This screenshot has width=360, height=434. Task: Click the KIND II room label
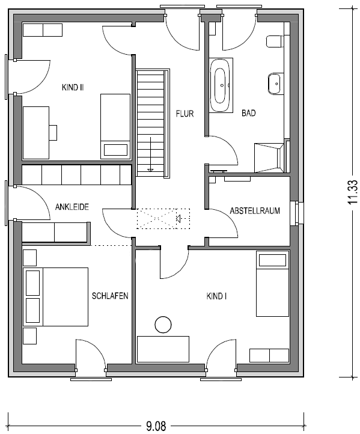coord(73,88)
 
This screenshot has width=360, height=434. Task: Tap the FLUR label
coord(185,114)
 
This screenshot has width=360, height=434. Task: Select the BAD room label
coord(248,113)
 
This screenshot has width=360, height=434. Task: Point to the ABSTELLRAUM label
coord(255,210)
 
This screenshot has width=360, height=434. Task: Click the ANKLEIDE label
coord(72,207)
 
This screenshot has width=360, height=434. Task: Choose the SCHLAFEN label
coord(110,296)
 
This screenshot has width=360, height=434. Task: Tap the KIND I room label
coord(217,296)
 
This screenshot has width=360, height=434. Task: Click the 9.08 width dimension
coord(156,426)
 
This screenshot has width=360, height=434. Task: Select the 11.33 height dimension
coord(353,192)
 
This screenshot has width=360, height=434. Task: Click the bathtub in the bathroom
coord(221,85)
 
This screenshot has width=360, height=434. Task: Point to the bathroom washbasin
coord(276,84)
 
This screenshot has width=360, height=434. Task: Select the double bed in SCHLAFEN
coord(55,297)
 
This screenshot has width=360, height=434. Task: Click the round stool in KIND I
coord(163,325)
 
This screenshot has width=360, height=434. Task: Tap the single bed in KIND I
coord(273,284)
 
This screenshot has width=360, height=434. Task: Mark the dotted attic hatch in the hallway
coord(163,219)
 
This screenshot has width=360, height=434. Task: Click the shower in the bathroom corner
coord(270,157)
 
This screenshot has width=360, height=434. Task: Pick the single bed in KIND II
coord(115,126)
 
